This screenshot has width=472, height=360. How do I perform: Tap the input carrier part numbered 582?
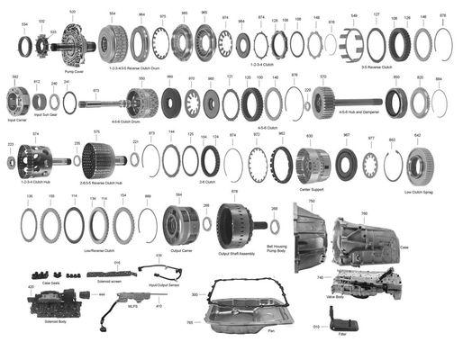pos(16,97)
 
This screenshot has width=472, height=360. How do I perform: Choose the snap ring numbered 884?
pos(439,100)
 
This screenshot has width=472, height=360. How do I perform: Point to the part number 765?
pos(189,322)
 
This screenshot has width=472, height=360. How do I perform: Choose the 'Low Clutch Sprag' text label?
pos(418,193)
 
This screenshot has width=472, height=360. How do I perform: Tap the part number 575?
pos(96,132)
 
